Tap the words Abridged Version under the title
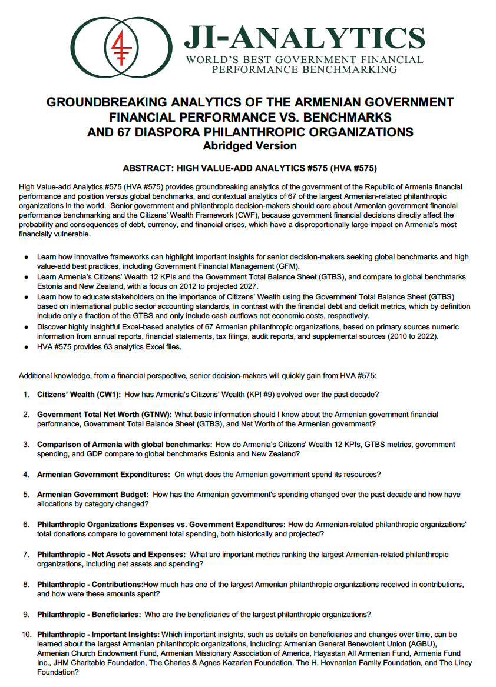tap(250, 145)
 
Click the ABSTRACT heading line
tap(250, 168)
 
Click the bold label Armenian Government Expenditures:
tap(104, 474)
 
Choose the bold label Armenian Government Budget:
tap(92, 495)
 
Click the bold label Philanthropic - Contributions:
tap(90, 585)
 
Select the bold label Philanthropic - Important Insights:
tap(98, 635)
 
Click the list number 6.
tap(27, 525)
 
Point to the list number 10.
tap(25, 635)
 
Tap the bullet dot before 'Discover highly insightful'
tap(27, 327)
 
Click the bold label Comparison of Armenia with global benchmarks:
tap(124, 445)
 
